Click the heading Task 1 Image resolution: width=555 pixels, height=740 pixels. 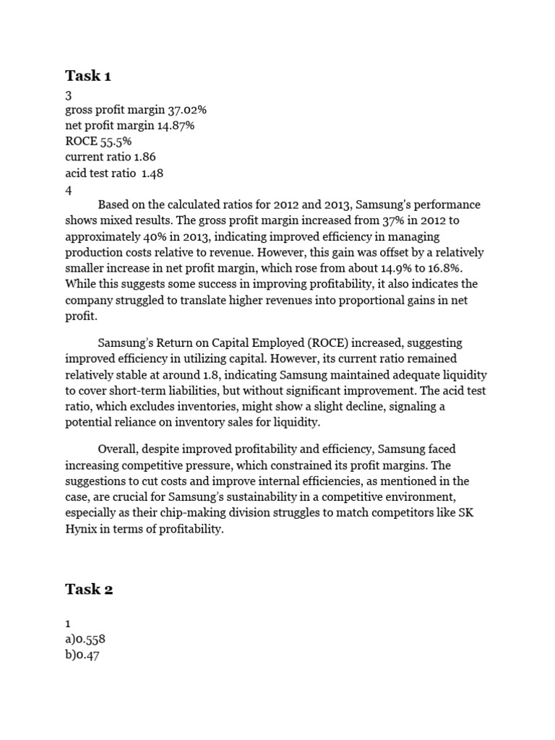88,76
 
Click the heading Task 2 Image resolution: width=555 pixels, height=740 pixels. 89,589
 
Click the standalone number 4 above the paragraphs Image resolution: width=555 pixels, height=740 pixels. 69,189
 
